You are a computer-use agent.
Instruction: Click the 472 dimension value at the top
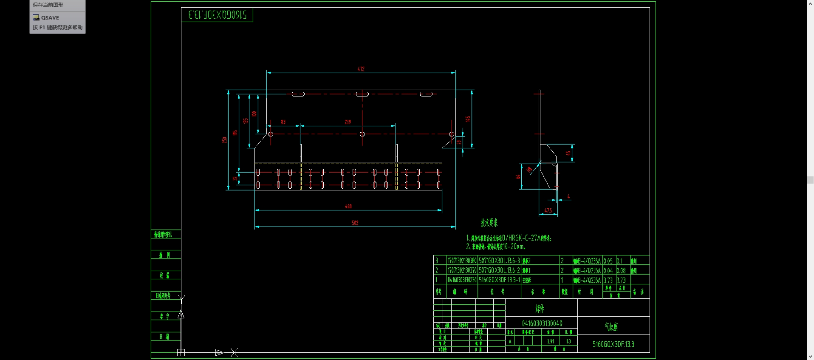pyautogui.click(x=361, y=69)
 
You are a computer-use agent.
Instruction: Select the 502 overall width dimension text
pyautogui.click(x=355, y=223)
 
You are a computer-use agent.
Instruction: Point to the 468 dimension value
pyautogui.click(x=348, y=206)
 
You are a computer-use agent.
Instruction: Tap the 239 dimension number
pyautogui.click(x=348, y=122)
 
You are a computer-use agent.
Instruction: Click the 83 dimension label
pyautogui.click(x=283, y=122)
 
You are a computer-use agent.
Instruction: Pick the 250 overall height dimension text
pyautogui.click(x=224, y=139)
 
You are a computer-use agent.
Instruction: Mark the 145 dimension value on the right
pyautogui.click(x=468, y=119)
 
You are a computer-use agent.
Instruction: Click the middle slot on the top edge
pyautogui.click(x=362, y=94)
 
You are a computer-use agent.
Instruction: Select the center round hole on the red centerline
pyautogui.click(x=362, y=134)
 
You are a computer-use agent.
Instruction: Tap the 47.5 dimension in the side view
pyautogui.click(x=548, y=210)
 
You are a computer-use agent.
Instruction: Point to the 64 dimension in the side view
pyautogui.click(x=518, y=176)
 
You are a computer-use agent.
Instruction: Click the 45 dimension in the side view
pyautogui.click(x=568, y=153)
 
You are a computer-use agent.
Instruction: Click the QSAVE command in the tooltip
pyautogui.click(x=50, y=17)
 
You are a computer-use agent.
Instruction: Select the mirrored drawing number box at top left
pyautogui.click(x=217, y=15)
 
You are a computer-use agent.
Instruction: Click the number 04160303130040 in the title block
pyautogui.click(x=542, y=323)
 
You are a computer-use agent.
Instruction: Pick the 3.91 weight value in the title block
pyautogui.click(x=550, y=341)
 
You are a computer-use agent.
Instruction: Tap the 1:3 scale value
pyautogui.click(x=568, y=341)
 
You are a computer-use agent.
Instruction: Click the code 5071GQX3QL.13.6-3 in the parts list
pyautogui.click(x=499, y=261)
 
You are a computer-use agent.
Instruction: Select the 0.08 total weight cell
pyautogui.click(x=621, y=270)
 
